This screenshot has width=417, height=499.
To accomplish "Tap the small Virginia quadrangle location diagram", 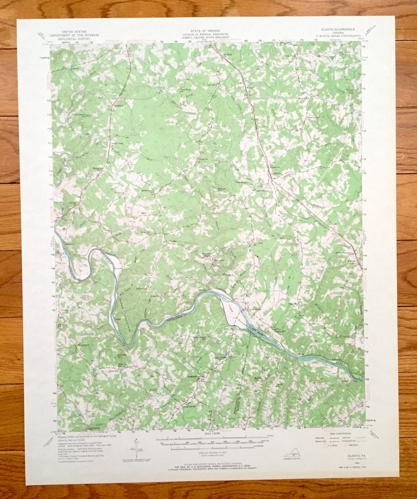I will click(x=297, y=451).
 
